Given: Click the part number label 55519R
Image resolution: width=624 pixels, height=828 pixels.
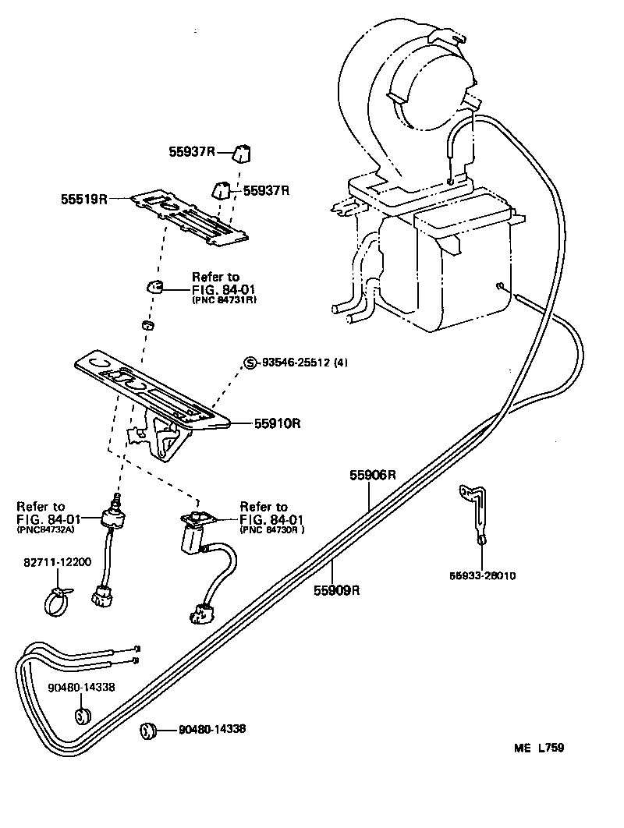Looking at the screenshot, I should point(83,200).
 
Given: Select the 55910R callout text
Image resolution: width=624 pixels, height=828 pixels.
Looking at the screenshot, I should point(277,423).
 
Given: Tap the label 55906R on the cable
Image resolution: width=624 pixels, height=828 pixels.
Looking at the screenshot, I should point(373,475).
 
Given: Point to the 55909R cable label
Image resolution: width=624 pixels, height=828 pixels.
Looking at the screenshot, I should point(336,589).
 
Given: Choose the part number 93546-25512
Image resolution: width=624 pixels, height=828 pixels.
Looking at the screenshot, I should point(297,363).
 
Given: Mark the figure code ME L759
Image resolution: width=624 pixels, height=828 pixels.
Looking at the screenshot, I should point(538,748).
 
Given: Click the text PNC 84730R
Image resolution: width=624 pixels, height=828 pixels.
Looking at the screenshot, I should point(271,530).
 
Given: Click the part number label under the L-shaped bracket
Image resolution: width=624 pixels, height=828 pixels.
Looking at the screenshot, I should point(481,575).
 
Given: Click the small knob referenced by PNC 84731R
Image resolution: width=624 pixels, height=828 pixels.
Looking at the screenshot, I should point(154,287).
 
